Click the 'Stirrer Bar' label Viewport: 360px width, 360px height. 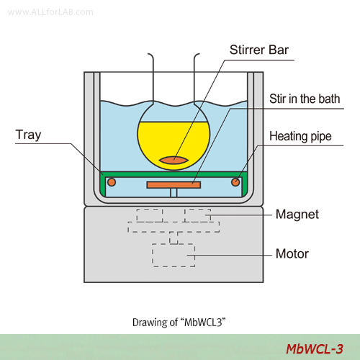click(259, 50)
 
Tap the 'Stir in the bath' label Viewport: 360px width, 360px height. click(305, 99)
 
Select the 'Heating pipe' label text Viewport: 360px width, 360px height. click(300, 136)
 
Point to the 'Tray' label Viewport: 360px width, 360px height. click(28, 135)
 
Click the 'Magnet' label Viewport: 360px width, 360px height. click(297, 214)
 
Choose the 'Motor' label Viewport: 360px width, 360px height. click(292, 253)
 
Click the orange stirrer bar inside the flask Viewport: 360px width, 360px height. click(174, 160)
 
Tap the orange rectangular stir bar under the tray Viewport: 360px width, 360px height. click(174, 185)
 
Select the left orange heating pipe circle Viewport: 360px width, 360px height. click(112, 182)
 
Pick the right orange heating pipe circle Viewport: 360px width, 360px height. click(235, 182)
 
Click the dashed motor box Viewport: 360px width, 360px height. click(174, 255)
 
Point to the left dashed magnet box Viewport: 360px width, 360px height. click(150, 215)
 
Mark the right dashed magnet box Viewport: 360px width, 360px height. click(197, 215)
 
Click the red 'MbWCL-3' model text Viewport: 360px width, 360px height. click(315, 348)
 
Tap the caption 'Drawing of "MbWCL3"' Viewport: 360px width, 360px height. click(179, 323)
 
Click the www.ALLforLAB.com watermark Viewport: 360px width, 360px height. click(50, 12)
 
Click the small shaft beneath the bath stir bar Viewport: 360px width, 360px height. click(174, 192)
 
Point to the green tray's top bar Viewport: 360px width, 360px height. click(174, 174)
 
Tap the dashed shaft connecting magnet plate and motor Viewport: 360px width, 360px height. click(174, 238)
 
